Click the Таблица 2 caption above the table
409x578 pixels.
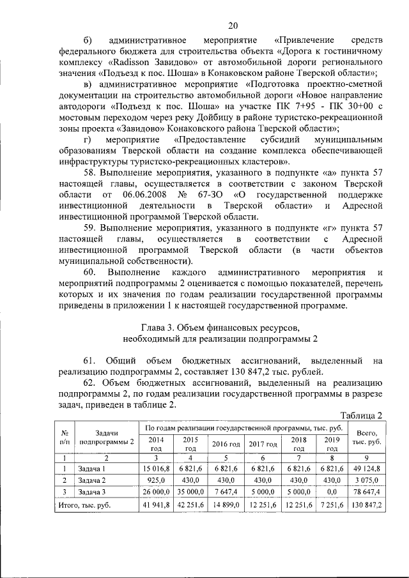(361, 415)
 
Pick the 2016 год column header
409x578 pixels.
(226, 444)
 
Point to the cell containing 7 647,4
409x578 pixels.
(226, 492)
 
